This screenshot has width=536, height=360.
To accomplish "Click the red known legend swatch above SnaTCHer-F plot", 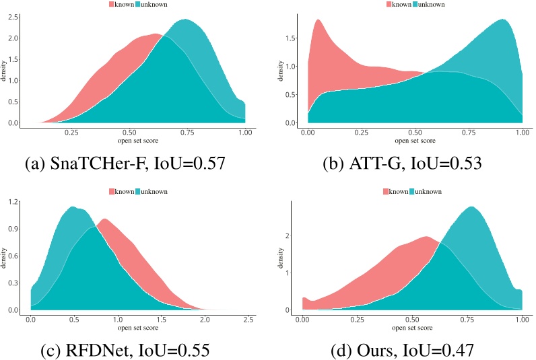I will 112,5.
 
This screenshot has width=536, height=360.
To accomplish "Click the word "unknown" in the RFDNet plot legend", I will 154,192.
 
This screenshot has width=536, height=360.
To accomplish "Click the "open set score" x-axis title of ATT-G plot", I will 413,142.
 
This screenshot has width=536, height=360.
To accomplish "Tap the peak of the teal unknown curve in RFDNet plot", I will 72,207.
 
